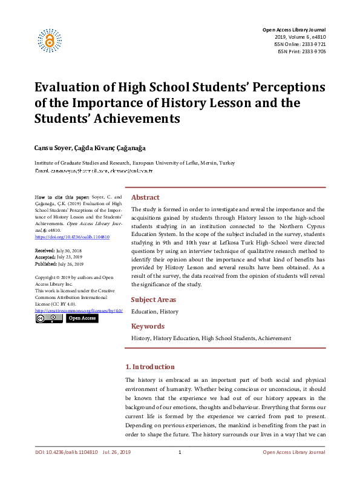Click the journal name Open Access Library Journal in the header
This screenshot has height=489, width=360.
click(293, 30)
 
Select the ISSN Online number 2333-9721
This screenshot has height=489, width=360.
click(313, 44)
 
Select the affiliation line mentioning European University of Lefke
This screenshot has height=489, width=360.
click(134, 163)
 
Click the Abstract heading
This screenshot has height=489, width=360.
click(145, 197)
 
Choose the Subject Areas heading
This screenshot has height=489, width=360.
click(154, 300)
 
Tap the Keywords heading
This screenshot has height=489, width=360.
click(148, 326)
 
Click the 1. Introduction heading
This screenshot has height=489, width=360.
click(149, 367)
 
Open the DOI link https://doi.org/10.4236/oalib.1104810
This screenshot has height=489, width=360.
click(72, 237)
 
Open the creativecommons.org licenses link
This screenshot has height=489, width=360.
click(79, 311)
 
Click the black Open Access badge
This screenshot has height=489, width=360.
click(82, 318)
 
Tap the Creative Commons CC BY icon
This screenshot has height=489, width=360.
click(48, 318)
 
